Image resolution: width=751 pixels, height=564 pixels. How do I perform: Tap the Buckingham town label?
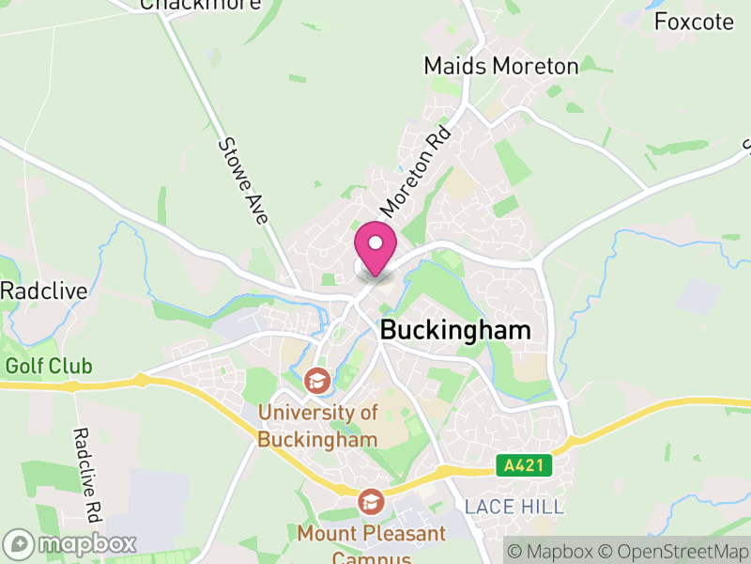(455, 331)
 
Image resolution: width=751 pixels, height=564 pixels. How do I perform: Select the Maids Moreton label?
(500, 66)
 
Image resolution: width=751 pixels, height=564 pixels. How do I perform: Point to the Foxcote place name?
(694, 22)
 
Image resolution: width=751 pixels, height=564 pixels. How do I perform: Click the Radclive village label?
(43, 290)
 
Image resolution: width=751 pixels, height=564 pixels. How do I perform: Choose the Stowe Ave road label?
(244, 180)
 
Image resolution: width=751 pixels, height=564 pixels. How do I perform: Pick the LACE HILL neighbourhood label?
(514, 508)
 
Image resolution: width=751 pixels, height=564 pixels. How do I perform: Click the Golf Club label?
(49, 366)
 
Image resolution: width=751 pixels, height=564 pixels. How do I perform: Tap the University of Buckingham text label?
(317, 426)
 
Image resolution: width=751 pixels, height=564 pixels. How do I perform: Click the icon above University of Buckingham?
(317, 382)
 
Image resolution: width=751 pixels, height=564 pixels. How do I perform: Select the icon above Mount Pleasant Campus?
(371, 501)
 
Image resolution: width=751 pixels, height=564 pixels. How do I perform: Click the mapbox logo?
(70, 543)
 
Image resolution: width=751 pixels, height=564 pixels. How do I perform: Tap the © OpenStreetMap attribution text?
(674, 551)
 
